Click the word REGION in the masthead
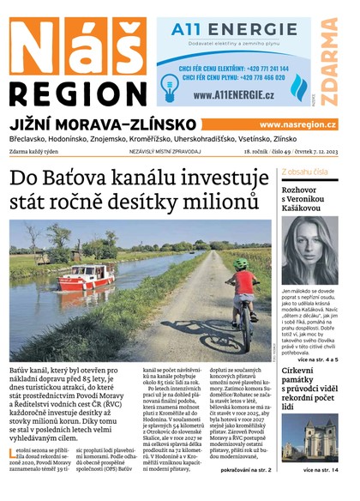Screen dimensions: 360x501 [76, 94]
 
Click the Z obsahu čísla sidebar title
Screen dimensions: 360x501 [304, 172]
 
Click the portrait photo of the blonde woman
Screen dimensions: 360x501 [309, 250]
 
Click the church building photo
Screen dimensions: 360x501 [309, 437]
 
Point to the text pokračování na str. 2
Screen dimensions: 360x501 [246, 470]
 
